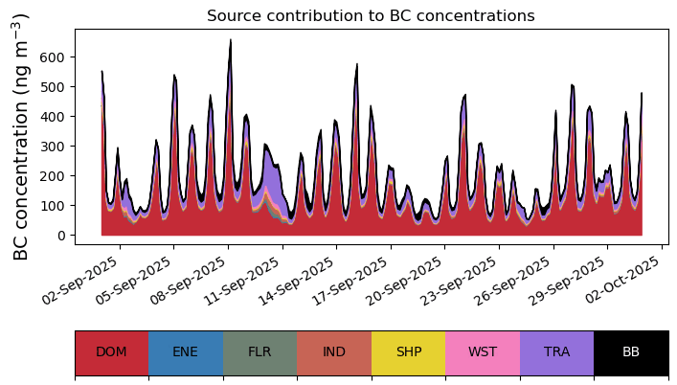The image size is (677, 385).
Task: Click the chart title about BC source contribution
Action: pyautogui.click(x=371, y=15)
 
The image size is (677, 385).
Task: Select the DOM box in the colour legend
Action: pyautogui.click(x=111, y=352)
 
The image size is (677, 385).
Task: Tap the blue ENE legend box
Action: pyautogui.click(x=186, y=352)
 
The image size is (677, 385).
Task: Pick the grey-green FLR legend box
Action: pyautogui.click(x=260, y=352)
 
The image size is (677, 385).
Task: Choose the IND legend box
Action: pyautogui.click(x=334, y=352)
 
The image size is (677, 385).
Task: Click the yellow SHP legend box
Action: pyautogui.click(x=408, y=352)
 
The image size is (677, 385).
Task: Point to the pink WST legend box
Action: pyautogui.click(x=483, y=352)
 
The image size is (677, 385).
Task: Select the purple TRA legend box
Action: pyautogui.click(x=556, y=352)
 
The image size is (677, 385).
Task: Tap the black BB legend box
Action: pyautogui.click(x=631, y=352)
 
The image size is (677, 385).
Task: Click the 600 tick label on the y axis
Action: pyautogui.click(x=54, y=57)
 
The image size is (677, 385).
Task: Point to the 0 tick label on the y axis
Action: pyautogui.click(x=62, y=236)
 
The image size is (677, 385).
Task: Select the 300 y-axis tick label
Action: pyautogui.click(x=54, y=147)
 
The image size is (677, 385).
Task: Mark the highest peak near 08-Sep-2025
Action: pyautogui.click(x=230, y=40)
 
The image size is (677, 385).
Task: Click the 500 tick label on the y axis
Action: pyautogui.click(x=54, y=87)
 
